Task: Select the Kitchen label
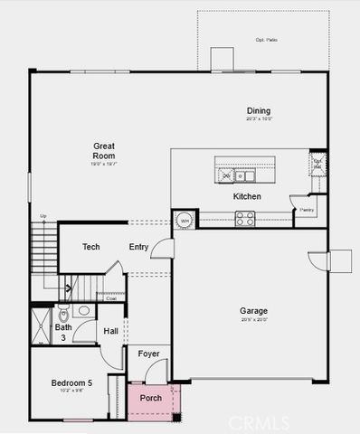(x=247, y=196)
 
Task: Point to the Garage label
(x=253, y=311)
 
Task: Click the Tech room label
(x=90, y=247)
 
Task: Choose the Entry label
(x=138, y=247)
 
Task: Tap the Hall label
(x=110, y=332)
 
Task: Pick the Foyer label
(x=148, y=353)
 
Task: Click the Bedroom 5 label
(x=71, y=383)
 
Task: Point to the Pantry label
(x=306, y=210)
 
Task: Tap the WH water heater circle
(x=185, y=220)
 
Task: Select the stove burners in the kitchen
(x=244, y=216)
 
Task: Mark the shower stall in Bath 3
(x=42, y=326)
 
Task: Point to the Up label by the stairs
(x=43, y=215)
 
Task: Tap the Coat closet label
(x=110, y=297)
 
